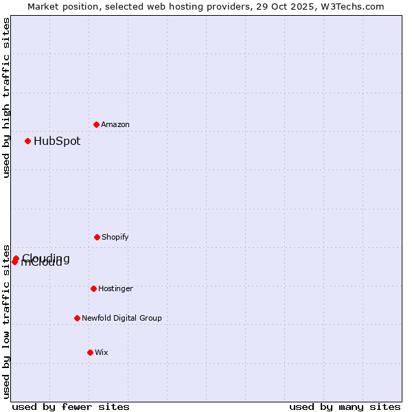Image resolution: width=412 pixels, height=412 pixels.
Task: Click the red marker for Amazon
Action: pos(96,124)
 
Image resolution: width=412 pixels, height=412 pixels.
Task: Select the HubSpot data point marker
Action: pos(27,141)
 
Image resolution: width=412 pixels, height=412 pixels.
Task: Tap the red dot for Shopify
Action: pos(97,237)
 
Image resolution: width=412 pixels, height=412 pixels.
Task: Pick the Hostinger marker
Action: pos(93,288)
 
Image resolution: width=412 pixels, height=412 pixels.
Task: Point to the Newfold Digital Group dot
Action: pos(77,318)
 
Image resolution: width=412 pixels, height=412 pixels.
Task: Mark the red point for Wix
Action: pos(90,352)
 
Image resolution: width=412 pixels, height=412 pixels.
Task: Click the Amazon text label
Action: pos(115,124)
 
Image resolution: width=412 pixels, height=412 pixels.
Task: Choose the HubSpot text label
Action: pos(57,141)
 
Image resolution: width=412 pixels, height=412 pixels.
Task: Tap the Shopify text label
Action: pos(115,237)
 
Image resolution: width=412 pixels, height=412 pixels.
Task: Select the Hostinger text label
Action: pos(115,288)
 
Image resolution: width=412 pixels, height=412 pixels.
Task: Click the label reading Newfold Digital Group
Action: pos(122,318)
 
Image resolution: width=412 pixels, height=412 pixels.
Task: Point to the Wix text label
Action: pos(102,352)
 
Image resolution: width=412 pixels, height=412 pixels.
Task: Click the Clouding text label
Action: pos(47,257)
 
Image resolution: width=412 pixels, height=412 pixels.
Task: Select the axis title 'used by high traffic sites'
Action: pos(6,98)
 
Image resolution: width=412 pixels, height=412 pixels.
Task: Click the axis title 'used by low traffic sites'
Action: pos(6,321)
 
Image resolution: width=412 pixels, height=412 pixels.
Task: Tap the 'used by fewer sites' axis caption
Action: pos(71,407)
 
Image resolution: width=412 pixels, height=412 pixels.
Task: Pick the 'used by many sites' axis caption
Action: pos(345,407)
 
